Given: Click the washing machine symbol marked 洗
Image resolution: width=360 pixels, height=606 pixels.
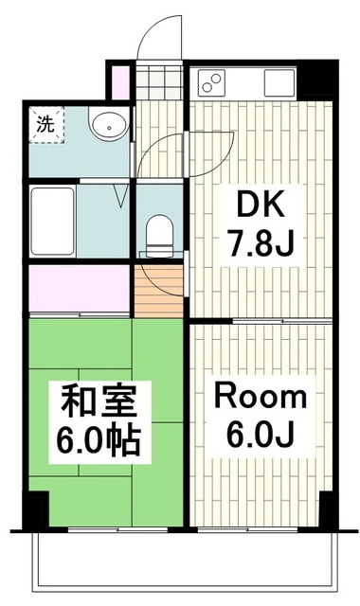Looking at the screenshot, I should pos(44,124).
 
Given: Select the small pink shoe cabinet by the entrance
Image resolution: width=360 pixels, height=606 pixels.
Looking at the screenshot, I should pos(118,80).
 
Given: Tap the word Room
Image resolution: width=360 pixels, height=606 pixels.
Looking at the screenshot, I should pos(258,396).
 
